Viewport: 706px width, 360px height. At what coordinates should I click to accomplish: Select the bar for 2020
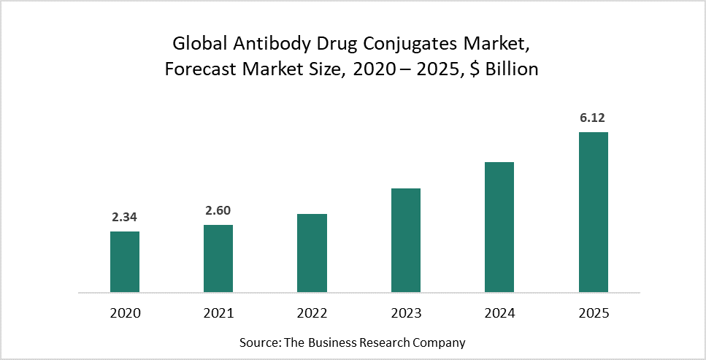point(125,262)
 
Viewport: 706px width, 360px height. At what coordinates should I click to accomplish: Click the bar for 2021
point(218,258)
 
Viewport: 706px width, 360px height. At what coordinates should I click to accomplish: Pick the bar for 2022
point(312,253)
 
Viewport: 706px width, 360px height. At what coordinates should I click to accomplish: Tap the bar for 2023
point(406,240)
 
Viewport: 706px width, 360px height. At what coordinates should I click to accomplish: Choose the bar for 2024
point(499,227)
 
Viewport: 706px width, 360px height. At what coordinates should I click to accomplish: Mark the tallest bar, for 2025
point(593,212)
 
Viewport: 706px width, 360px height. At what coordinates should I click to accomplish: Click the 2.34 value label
point(125,216)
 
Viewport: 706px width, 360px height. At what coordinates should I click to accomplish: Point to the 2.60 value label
point(218,210)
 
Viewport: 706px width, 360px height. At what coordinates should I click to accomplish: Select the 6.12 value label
point(593,117)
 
